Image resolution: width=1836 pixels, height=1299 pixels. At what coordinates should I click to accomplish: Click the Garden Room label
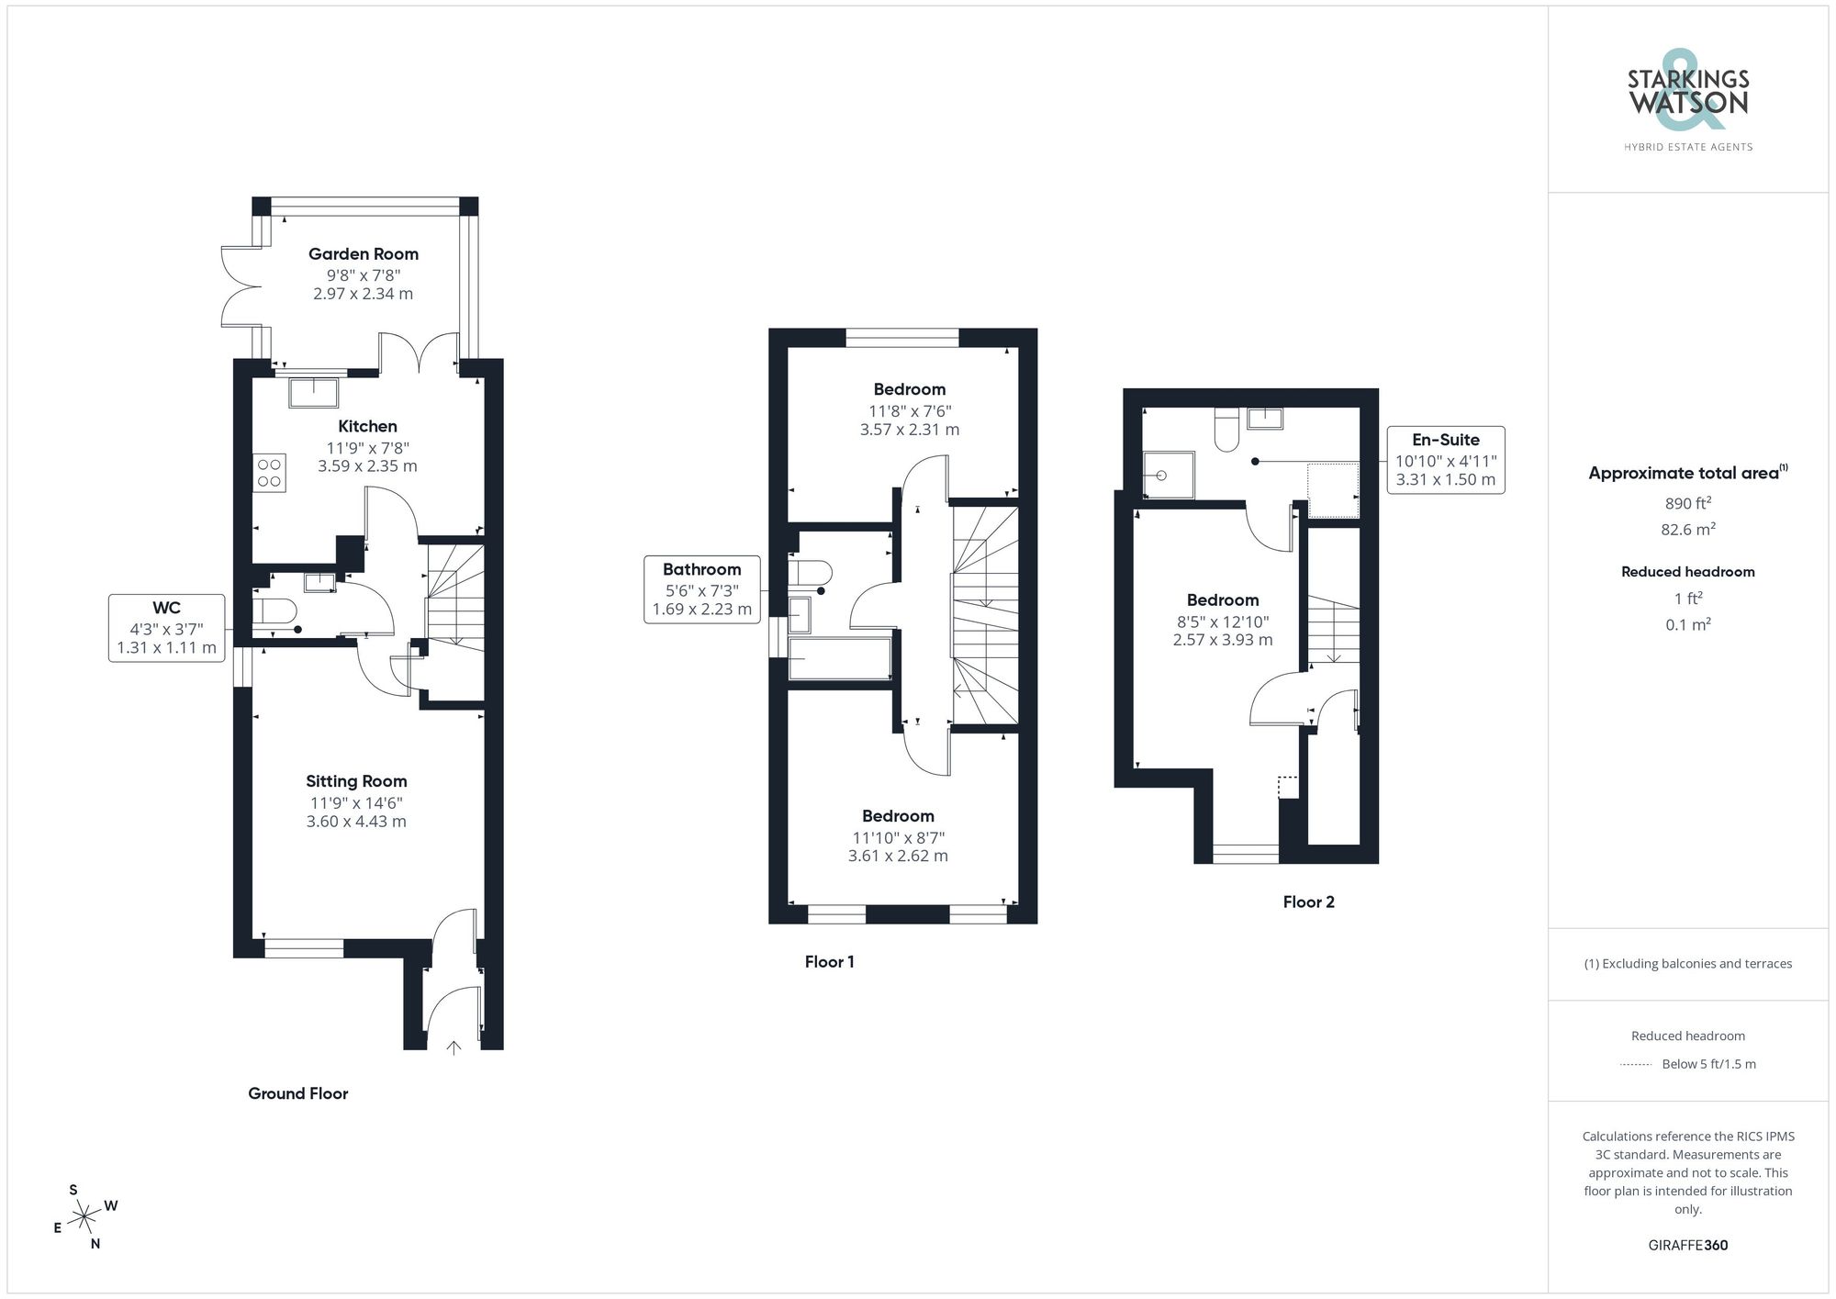pos(364,254)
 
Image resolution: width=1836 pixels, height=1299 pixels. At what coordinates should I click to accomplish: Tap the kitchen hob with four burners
pos(269,473)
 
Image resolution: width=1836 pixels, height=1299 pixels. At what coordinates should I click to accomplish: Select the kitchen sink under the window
pos(313,392)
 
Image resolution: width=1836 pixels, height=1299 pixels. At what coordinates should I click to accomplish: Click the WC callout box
pos(167,628)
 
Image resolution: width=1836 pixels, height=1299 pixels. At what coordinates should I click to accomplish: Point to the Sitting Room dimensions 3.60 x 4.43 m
pos(356,822)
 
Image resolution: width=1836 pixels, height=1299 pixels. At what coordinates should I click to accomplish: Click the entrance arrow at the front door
pos(453,1047)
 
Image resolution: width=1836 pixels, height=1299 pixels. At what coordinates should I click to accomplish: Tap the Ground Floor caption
pos(297,1093)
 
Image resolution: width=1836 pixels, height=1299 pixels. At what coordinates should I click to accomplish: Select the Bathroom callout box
pos(701,589)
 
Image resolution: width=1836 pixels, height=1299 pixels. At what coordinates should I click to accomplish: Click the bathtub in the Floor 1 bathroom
pos(839,659)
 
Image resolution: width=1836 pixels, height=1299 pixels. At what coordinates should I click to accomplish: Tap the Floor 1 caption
pos(829,962)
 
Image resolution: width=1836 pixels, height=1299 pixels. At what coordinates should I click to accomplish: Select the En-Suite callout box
pos(1445,460)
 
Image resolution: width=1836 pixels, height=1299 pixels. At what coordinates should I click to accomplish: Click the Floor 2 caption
pos(1308,901)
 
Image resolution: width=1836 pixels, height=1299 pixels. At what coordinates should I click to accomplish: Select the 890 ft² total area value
pos(1687,503)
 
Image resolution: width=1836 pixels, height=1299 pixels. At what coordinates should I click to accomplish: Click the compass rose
pos(84,1217)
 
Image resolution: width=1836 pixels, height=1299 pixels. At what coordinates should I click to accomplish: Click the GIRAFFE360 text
pos(1687,1246)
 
